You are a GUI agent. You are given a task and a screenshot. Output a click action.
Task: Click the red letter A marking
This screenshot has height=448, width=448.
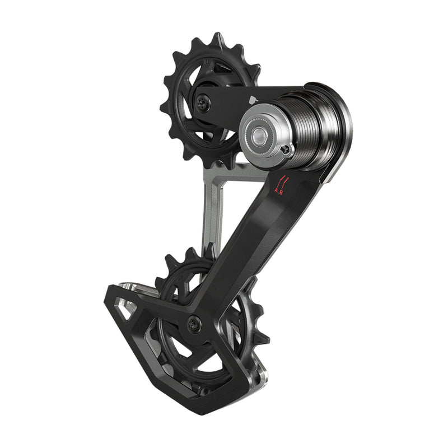(x=276, y=192)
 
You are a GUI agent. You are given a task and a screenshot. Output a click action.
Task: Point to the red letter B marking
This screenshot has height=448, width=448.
(x=282, y=192)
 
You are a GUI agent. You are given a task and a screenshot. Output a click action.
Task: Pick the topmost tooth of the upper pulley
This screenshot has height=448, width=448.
(x=214, y=38)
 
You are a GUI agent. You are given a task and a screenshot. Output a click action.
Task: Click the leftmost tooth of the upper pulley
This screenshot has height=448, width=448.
(x=164, y=106)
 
